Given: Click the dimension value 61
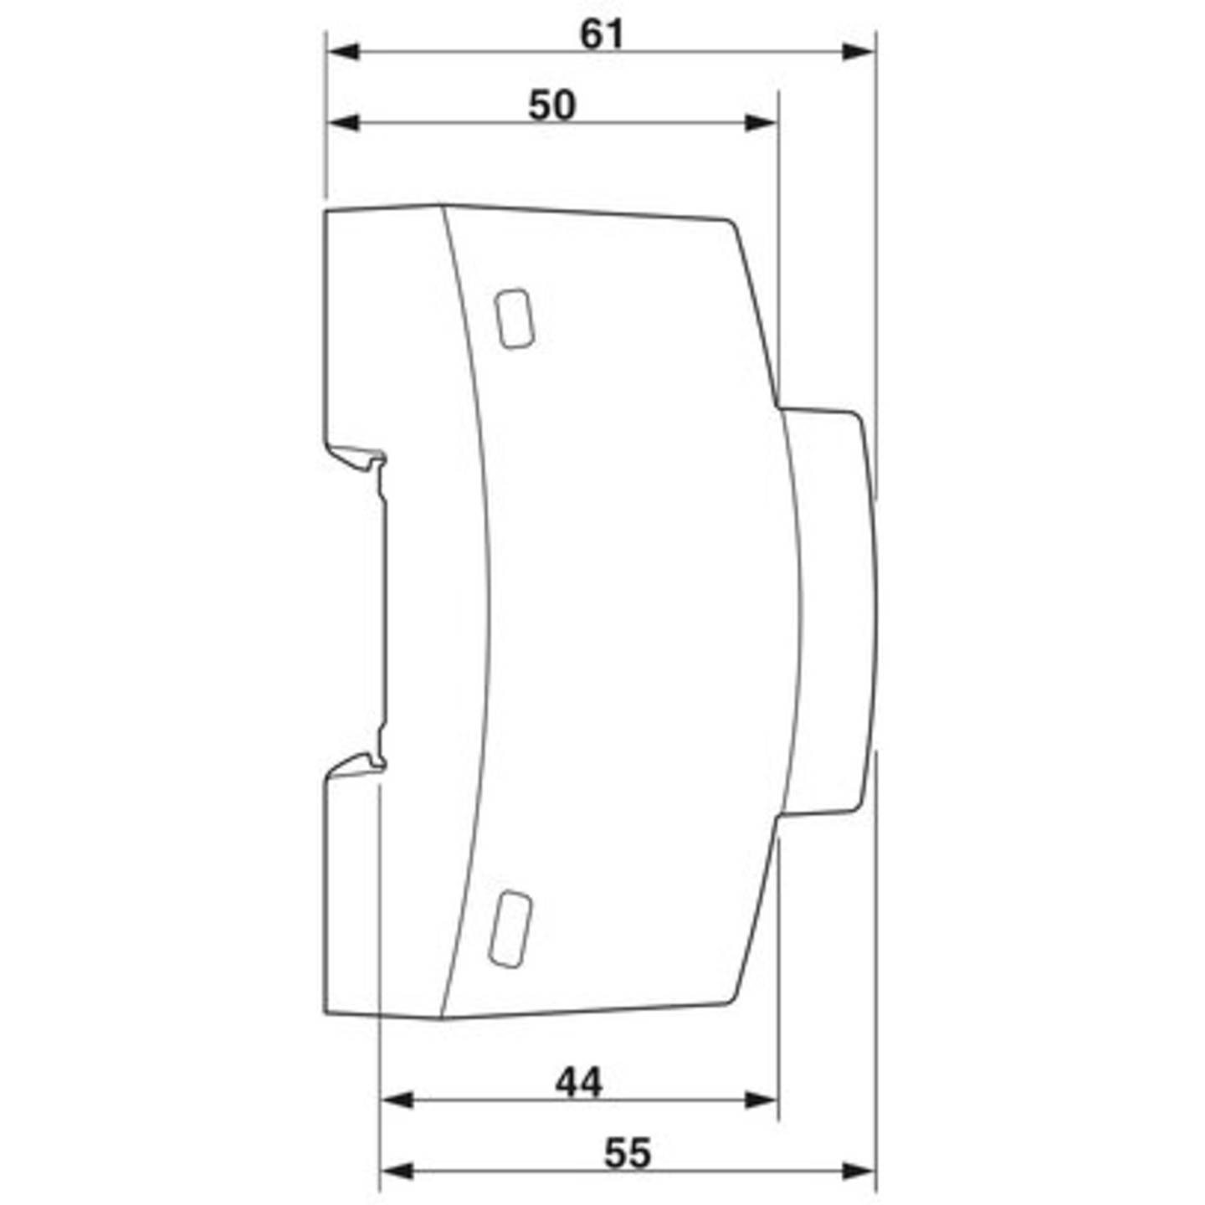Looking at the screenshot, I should click(x=602, y=35).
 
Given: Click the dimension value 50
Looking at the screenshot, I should click(x=552, y=106).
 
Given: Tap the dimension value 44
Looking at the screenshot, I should click(x=578, y=1084).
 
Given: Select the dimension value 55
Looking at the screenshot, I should click(x=627, y=1154).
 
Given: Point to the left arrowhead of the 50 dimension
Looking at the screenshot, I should click(x=343, y=123).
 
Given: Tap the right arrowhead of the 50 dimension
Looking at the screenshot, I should click(x=761, y=123).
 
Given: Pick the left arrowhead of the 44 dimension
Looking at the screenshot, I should click(x=397, y=1100).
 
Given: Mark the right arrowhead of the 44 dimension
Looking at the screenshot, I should click(x=761, y=1100).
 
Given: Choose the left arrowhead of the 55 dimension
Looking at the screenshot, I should click(x=397, y=1171).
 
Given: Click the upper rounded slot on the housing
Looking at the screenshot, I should click(x=514, y=318).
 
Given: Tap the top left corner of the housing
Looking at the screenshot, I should click(x=326, y=213).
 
